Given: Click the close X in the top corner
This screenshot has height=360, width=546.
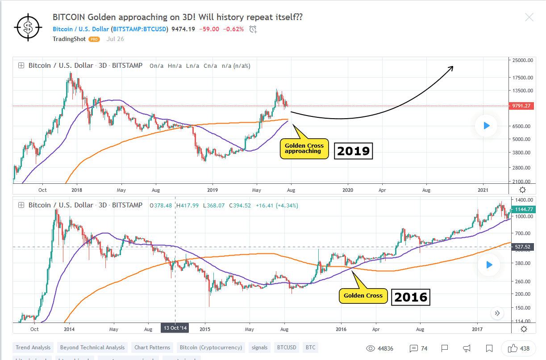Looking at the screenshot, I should coord(529,17).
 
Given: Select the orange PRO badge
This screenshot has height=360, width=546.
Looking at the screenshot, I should coord(94,39).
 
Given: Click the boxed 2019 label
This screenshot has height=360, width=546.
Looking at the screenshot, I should coord(354,151).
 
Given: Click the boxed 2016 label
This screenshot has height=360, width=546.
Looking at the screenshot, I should coord(411,297).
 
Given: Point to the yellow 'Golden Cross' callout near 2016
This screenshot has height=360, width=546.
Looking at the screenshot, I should coord(363,295).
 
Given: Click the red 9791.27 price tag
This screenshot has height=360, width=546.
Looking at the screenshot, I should coord(521,106).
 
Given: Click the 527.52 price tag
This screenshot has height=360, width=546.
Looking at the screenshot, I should coord(521,247).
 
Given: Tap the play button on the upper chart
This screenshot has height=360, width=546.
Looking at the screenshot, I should coord(487,126).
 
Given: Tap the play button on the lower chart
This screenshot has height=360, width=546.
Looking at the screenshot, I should coord(489,265).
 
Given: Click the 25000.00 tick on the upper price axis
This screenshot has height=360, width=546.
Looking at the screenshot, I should coord(522,60).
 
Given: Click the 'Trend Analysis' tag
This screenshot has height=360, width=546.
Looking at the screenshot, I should coord(32,348).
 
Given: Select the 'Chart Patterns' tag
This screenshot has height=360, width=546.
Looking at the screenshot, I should coord(153,348).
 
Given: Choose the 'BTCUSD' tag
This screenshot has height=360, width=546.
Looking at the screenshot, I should coord(286,348).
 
